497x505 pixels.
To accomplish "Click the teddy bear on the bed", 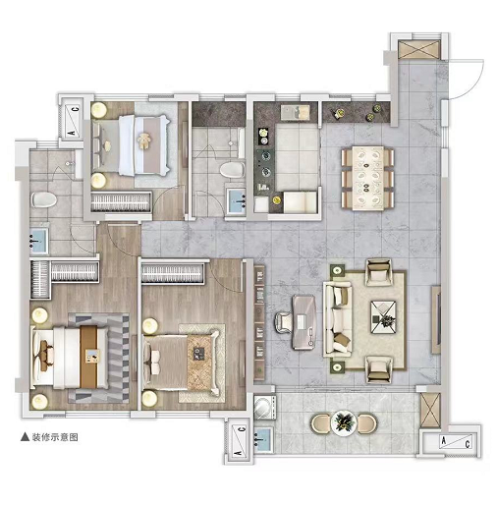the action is [x=144, y=141].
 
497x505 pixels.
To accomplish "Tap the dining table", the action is [x=367, y=178].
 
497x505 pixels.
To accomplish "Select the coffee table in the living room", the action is [x=383, y=317].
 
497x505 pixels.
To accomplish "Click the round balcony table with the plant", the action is [x=344, y=422].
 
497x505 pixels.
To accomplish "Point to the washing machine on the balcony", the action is [x=264, y=407].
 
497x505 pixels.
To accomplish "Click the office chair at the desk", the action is [x=284, y=322].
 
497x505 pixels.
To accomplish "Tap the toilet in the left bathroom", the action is [x=44, y=199].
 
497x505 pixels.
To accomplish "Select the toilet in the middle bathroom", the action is [x=232, y=170].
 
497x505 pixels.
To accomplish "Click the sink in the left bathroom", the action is [x=39, y=241].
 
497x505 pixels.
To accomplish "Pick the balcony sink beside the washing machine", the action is [x=263, y=440].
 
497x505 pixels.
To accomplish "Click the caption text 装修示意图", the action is [x=55, y=437].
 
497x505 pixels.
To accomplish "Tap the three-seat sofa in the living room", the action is [x=338, y=319].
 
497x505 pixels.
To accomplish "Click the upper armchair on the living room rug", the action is [x=378, y=272].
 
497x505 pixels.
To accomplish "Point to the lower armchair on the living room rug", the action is [x=379, y=369].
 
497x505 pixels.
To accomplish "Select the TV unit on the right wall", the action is [x=436, y=319].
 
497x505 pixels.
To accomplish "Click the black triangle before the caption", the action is [x=25, y=437].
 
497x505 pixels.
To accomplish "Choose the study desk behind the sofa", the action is [x=304, y=322].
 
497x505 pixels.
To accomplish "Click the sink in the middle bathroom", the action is [x=237, y=201].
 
